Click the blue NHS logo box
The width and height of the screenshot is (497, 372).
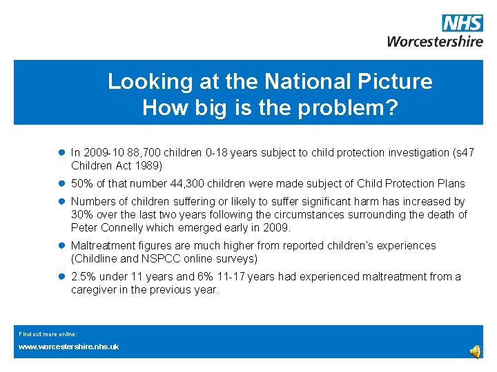pos(462,23)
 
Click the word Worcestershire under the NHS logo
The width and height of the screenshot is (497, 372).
pos(435,41)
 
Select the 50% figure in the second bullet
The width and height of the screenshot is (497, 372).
pos(83,184)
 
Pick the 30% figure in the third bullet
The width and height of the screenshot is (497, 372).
pos(83,215)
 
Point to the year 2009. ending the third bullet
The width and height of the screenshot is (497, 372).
pos(277,228)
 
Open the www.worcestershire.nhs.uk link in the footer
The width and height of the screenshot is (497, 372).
pos(68,347)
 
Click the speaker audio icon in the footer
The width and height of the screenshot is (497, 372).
pos(476,351)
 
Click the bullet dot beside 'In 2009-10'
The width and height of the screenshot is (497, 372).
pos(61,153)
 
